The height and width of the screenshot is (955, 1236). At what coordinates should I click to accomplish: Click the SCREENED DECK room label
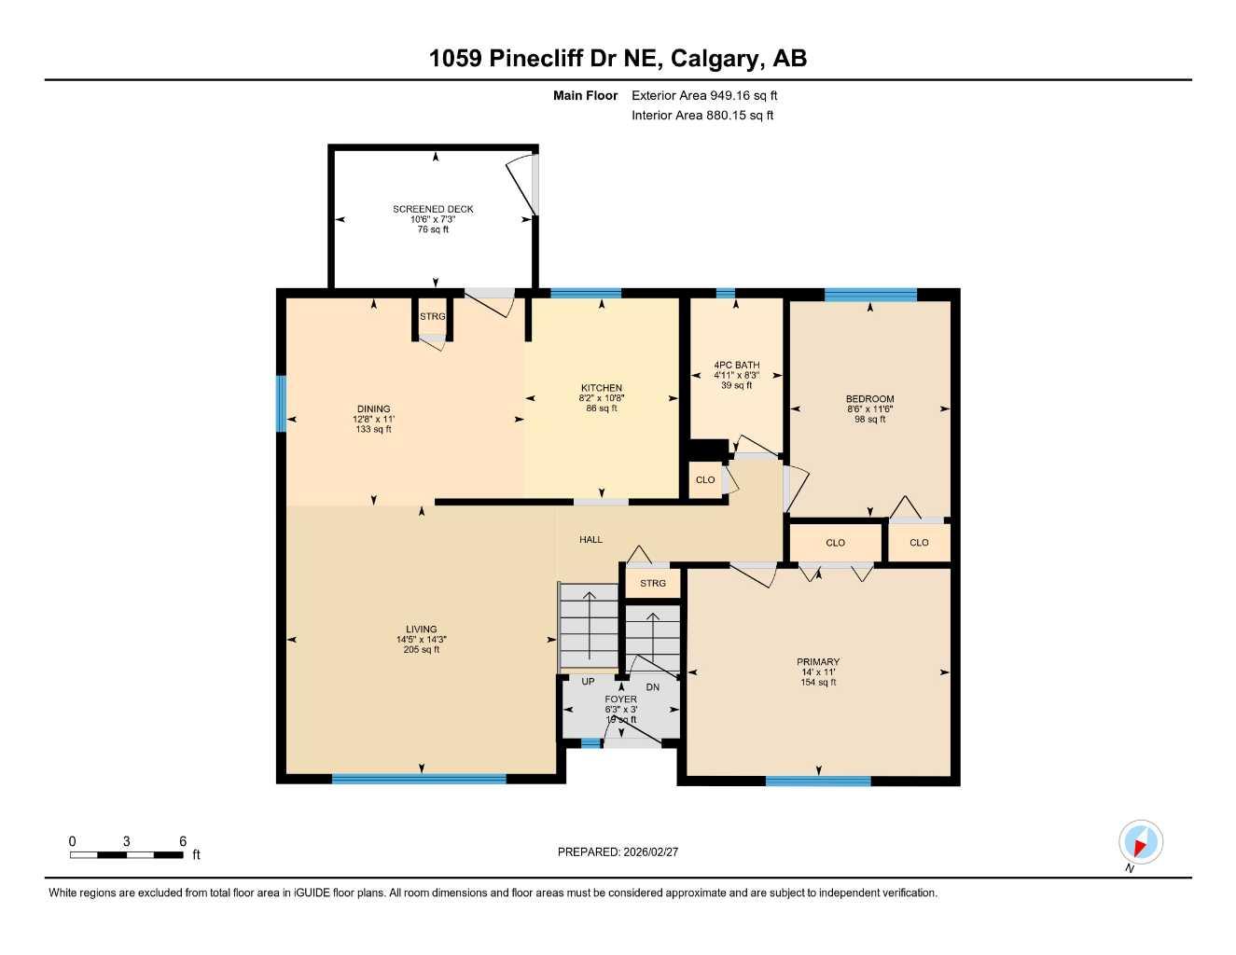(x=433, y=209)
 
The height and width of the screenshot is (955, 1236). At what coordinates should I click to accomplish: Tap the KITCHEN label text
(x=601, y=388)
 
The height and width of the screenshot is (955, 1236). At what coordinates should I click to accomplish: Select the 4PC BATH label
(x=736, y=365)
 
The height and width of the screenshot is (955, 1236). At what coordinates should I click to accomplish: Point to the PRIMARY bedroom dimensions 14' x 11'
(x=818, y=672)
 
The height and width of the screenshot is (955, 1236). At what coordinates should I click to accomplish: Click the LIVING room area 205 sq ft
(x=422, y=650)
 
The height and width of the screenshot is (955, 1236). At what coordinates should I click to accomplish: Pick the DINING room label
(x=373, y=408)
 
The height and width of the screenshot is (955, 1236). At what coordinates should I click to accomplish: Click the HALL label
(x=590, y=539)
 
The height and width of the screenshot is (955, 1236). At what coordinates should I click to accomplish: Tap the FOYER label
(x=620, y=699)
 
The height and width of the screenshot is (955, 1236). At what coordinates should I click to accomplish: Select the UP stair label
(x=588, y=682)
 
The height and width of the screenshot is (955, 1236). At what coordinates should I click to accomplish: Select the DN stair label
(x=653, y=687)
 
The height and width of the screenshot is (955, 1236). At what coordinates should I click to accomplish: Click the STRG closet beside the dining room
(x=432, y=317)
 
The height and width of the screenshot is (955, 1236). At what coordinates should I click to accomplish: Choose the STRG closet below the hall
(x=653, y=583)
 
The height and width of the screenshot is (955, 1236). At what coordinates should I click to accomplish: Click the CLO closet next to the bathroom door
(x=705, y=479)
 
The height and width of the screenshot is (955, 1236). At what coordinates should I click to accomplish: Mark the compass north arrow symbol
(x=1140, y=843)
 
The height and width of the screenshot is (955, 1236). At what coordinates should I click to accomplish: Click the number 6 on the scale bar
(x=183, y=841)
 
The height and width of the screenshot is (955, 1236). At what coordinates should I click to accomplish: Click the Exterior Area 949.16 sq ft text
(x=704, y=95)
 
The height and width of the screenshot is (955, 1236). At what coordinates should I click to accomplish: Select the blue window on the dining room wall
(x=281, y=404)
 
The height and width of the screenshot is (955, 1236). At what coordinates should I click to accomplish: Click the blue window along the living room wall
(x=419, y=779)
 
